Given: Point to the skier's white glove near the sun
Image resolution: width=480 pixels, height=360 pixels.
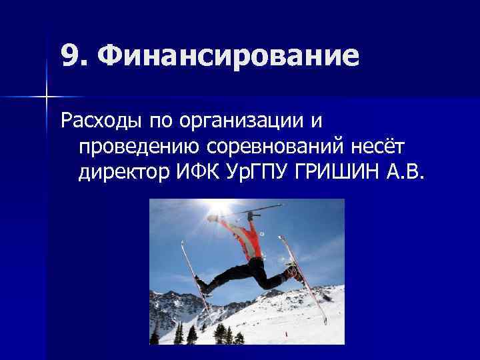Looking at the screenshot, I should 213,217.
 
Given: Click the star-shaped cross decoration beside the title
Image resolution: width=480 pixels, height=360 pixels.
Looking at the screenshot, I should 46,97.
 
